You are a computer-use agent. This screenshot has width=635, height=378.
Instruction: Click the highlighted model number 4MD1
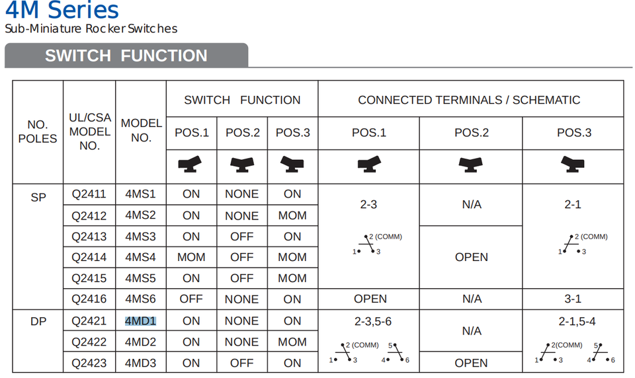[140, 321]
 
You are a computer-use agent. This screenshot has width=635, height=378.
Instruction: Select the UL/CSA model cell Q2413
[89, 237]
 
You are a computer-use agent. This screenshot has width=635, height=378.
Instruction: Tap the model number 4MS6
[140, 299]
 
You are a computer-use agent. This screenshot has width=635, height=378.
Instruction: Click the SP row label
[38, 197]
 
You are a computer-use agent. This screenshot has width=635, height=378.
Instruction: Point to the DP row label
[38, 321]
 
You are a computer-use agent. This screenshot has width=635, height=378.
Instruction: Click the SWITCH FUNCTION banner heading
[126, 56]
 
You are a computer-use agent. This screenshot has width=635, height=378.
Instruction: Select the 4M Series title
[62, 10]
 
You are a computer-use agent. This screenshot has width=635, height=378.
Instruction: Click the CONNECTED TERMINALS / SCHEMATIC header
[469, 100]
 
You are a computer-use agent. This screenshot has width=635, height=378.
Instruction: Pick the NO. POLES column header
[38, 131]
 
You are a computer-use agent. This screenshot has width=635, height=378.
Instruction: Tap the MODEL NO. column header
[142, 130]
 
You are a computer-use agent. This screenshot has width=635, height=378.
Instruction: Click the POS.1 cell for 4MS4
[191, 257]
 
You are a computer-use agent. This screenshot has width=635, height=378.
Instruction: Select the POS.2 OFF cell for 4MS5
[242, 278]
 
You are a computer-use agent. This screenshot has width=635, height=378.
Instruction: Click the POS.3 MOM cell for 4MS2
[292, 215]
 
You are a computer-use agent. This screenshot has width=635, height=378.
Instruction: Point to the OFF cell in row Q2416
[191, 299]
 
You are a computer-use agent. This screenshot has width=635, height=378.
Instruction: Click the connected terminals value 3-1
[573, 299]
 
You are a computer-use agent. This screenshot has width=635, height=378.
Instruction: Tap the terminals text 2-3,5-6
[373, 321]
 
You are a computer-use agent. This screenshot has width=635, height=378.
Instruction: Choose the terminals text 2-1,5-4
[577, 321]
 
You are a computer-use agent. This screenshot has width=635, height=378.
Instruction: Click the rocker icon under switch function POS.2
[242, 165]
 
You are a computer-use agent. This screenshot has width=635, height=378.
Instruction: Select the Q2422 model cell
[89, 342]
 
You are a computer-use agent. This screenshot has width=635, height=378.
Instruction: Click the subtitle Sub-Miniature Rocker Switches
[91, 28]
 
